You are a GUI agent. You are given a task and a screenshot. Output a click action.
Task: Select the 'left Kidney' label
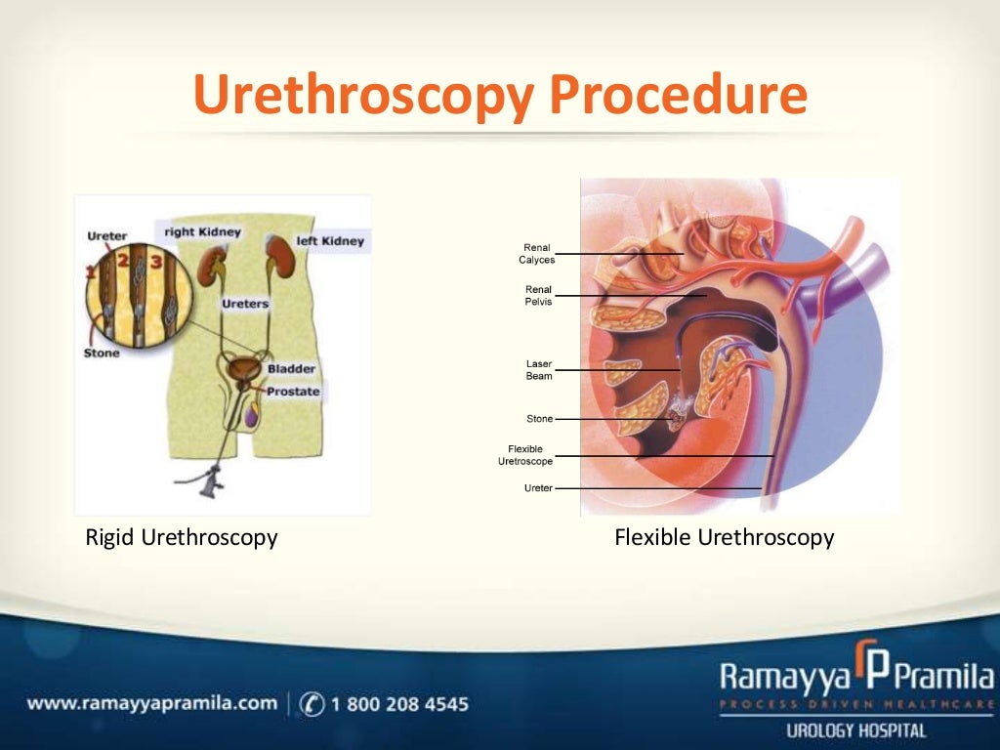329,240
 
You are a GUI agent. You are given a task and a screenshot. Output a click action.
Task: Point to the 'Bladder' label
291,369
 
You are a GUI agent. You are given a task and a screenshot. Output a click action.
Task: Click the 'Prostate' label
293,391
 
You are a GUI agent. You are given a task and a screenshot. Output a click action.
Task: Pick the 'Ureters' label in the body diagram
244,304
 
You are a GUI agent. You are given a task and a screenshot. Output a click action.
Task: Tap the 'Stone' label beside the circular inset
102,353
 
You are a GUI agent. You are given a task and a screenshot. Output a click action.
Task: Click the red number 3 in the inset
155,261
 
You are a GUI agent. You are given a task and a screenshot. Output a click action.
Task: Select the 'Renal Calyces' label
537,254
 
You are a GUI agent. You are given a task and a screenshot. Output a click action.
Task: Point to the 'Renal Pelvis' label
538,295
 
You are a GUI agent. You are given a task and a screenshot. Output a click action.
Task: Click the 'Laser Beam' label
539,370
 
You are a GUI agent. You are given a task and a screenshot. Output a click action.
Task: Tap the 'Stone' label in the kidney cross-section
539,419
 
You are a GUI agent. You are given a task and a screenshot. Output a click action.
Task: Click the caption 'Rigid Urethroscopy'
182,537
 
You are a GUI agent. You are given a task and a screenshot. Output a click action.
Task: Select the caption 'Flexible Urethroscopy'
724,537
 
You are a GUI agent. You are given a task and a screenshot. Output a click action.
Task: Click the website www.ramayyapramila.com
152,703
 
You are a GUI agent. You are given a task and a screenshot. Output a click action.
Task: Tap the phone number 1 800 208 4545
400,703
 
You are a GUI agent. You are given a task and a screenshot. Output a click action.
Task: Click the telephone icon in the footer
312,703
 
